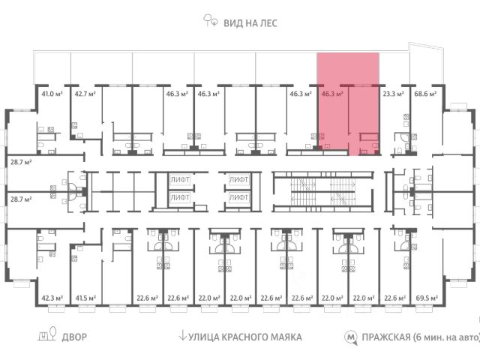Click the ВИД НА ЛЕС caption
pyautogui.click(x=250, y=22)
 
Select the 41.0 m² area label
pyautogui.click(x=51, y=94)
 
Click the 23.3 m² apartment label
pyautogui.click(x=393, y=94)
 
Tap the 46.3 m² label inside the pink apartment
pyautogui.click(x=331, y=94)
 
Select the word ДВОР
pyautogui.click(x=74, y=337)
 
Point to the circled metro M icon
pyautogui.click(x=349, y=337)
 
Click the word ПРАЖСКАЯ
pyautogui.click(x=385, y=337)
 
